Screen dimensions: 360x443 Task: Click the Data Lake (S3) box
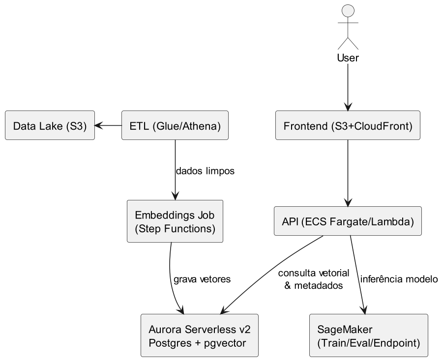point(50,126)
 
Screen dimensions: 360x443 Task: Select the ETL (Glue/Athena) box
point(175,126)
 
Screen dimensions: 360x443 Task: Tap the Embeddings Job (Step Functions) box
point(175,221)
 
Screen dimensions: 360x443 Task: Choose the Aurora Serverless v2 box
point(200,335)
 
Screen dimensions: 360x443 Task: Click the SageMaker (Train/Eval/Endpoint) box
point(369,335)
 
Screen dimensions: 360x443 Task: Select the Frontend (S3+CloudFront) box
point(348,126)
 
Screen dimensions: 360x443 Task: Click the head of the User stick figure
point(348,11)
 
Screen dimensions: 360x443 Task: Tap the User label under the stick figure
point(348,58)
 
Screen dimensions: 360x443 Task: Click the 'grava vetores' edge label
point(202,279)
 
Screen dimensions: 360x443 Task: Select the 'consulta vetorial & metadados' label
point(313,279)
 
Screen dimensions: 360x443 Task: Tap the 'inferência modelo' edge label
point(399,279)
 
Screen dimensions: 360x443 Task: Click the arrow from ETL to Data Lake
point(108,126)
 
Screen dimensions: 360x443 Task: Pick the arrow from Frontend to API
point(348,172)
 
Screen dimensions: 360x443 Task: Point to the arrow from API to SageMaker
point(357,275)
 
